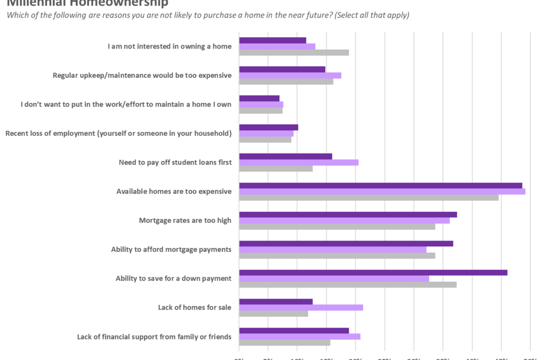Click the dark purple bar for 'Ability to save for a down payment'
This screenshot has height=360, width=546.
pyautogui.click(x=373, y=273)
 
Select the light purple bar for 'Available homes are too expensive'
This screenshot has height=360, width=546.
pyautogui.click(x=382, y=191)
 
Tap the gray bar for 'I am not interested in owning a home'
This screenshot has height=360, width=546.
pyautogui.click(x=294, y=52)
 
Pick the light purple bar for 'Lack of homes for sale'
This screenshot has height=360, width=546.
pyautogui.click(x=301, y=307)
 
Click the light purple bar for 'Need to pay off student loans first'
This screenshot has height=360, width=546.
pyautogui.click(x=299, y=162)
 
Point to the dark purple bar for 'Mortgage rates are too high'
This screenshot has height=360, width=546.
pyautogui.click(x=348, y=214)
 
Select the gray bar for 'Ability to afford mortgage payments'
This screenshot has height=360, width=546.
pyautogui.click(x=337, y=255)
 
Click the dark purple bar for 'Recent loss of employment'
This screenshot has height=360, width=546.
pyautogui.click(x=269, y=127)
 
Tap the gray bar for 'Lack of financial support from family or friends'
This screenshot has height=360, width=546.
pyautogui.click(x=285, y=342)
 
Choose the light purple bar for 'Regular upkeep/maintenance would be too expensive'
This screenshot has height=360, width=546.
pyautogui.click(x=290, y=75)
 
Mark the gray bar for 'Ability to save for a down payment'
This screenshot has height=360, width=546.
pyautogui.click(x=348, y=284)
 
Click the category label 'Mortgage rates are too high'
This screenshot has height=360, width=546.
pyautogui.click(x=185, y=220)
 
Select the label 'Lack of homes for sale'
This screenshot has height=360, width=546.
pyautogui.click(x=195, y=307)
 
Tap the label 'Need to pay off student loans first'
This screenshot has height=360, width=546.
pyautogui.click(x=175, y=162)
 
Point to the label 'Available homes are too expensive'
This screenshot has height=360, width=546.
pyautogui.click(x=174, y=191)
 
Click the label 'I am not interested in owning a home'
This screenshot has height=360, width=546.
pyautogui.click(x=170, y=46)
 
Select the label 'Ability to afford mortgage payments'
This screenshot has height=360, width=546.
pyautogui.click(x=171, y=249)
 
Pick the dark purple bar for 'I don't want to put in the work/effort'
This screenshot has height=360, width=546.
pyautogui.click(x=259, y=98)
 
